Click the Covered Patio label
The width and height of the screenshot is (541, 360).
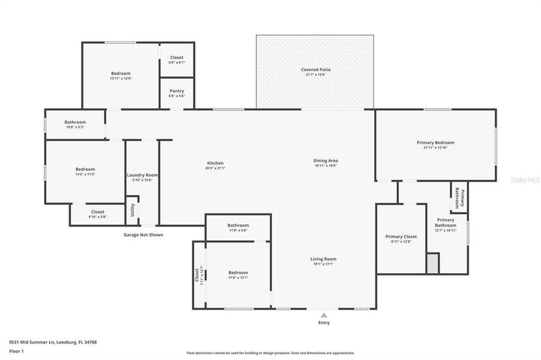[315, 70]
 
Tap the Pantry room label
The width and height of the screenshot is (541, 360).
[177, 91]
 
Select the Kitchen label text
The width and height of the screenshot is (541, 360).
[215, 163]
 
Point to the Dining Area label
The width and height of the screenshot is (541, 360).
[325, 160]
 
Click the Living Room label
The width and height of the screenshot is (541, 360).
[322, 259]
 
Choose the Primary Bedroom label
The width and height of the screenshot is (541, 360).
[435, 142]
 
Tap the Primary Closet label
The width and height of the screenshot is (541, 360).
[400, 236]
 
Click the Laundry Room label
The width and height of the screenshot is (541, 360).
[142, 175]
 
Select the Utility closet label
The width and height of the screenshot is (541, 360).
[133, 210]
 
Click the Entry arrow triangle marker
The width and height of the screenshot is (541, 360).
[324, 314]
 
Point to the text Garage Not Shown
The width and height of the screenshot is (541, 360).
[143, 235]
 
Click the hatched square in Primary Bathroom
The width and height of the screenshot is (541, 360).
[432, 263]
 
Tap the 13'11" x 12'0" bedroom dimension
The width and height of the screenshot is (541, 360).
[120, 78]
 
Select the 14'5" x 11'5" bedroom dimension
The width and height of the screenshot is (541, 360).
[85, 175]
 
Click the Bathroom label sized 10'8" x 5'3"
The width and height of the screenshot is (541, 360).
[75, 122]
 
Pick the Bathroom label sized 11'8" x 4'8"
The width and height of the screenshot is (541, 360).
[238, 225]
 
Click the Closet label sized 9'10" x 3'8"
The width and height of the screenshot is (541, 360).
[97, 212]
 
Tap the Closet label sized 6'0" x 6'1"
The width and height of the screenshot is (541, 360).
[177, 58]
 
